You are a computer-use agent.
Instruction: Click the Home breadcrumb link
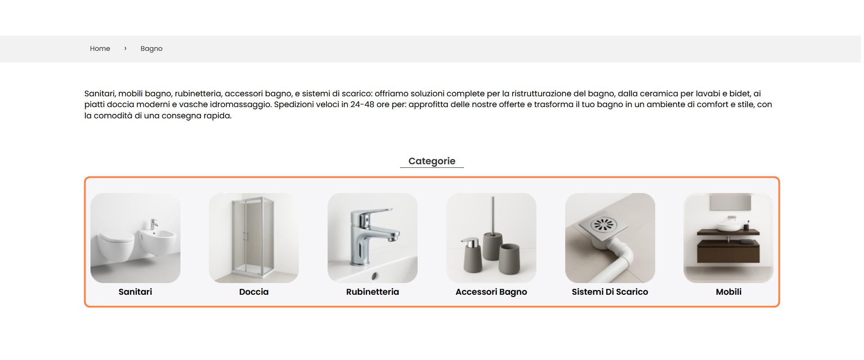click(x=100, y=49)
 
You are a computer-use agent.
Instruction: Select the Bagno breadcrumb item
click(x=151, y=49)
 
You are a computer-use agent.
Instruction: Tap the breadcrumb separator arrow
click(x=125, y=48)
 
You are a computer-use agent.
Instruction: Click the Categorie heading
click(x=432, y=161)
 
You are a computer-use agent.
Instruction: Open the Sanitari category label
click(x=135, y=292)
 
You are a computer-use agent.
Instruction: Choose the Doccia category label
click(x=254, y=292)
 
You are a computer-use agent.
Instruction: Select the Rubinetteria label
click(x=372, y=292)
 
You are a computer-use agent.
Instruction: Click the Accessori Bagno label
click(x=491, y=292)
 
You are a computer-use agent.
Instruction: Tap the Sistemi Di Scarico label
click(x=610, y=292)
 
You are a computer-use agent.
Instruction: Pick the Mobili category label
click(x=729, y=292)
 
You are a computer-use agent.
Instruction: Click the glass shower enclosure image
click(x=253, y=236)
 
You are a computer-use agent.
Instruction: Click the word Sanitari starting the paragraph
click(x=99, y=94)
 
